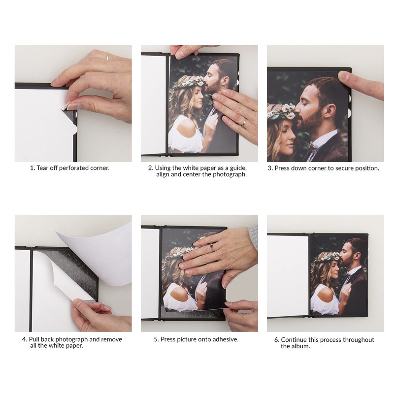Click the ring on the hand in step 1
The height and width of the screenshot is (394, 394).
point(107,56)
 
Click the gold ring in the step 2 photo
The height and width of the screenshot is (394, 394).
point(243,122)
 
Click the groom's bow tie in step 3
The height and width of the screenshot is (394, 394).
point(311,146)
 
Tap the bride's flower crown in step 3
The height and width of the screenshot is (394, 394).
point(282,112)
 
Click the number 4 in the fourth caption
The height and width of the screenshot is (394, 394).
point(24,339)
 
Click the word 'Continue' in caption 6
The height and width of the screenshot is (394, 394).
point(295,340)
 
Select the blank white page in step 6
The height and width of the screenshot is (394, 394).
point(287,275)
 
